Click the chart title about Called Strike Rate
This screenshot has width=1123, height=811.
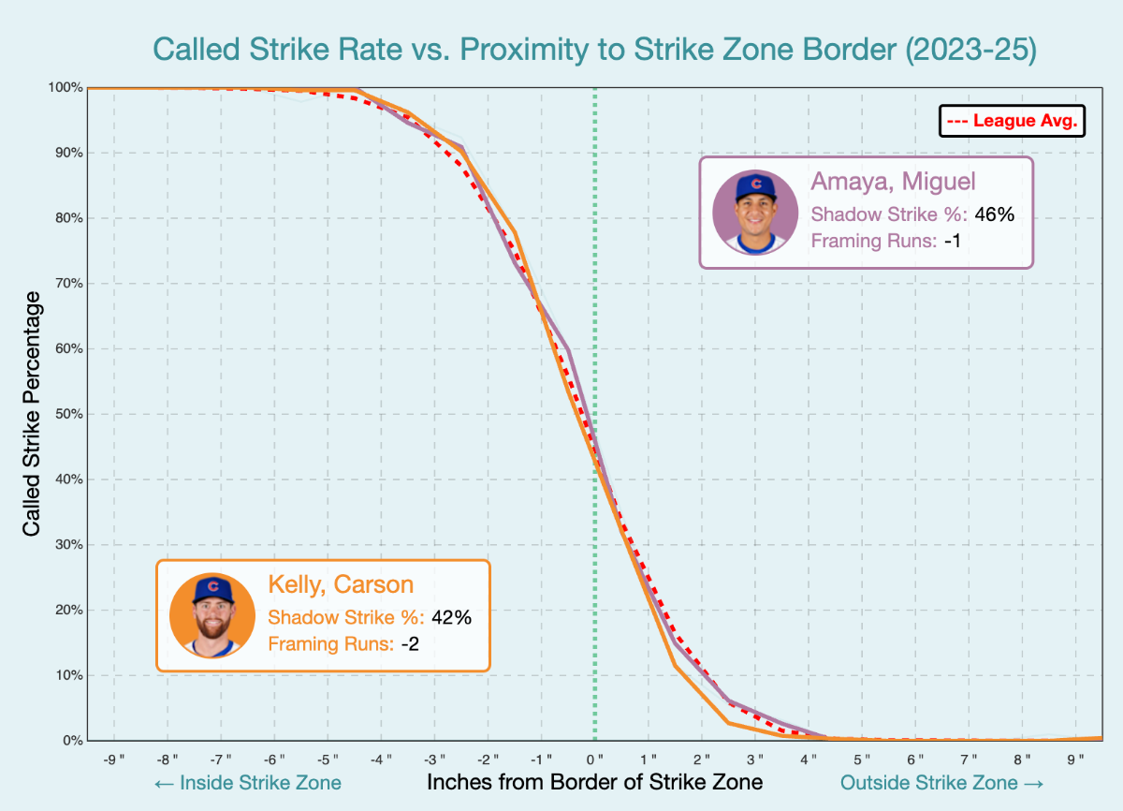[594, 50]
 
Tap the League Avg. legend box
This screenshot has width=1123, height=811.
[1012, 121]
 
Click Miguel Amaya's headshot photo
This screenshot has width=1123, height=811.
[755, 213]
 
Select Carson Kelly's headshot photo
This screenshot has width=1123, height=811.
[212, 615]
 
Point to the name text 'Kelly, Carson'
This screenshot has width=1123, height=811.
[341, 584]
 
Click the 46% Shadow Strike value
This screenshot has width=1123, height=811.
[994, 214]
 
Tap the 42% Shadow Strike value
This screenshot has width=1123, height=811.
[451, 617]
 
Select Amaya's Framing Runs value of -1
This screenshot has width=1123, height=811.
[953, 241]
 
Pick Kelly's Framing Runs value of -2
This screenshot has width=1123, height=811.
[410, 644]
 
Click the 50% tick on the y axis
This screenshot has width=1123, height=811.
[68, 414]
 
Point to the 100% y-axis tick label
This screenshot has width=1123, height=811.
[66, 87]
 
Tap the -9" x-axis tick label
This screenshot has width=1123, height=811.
[113, 758]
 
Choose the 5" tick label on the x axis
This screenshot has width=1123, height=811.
[862, 758]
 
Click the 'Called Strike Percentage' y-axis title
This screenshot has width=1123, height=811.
[32, 414]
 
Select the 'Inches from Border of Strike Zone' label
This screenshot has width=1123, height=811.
[594, 782]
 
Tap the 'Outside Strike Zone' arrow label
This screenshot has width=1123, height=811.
[941, 782]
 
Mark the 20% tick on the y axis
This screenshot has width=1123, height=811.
[68, 610]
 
